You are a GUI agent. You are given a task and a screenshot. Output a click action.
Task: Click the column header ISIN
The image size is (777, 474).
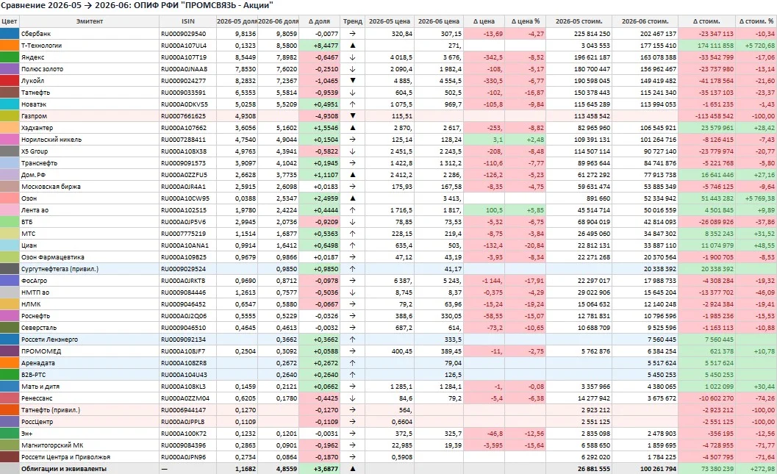click(187, 21)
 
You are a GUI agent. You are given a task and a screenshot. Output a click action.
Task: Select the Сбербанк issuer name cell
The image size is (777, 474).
click(36, 34)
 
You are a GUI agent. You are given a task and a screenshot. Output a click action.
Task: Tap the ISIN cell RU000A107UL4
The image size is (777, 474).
click(183, 46)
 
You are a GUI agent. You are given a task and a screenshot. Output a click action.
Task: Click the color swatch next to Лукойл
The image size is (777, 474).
click(10, 81)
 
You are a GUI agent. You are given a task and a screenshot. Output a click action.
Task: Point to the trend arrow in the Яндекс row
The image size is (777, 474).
click(352, 57)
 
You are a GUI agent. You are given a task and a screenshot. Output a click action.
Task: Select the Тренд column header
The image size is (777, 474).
click(352, 21)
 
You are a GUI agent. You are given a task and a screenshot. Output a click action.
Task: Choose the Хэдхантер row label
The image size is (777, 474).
click(37, 128)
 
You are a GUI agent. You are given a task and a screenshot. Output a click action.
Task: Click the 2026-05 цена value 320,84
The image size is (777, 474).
click(401, 34)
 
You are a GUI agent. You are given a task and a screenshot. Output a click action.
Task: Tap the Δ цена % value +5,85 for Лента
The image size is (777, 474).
click(535, 210)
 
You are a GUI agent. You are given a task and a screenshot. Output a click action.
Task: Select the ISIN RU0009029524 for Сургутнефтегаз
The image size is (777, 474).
click(183, 269)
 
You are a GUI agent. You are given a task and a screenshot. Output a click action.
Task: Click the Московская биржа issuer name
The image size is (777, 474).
click(51, 187)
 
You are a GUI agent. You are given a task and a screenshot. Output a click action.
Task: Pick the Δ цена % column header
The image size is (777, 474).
click(526, 21)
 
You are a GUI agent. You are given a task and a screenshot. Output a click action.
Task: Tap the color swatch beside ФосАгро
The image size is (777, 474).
click(10, 280)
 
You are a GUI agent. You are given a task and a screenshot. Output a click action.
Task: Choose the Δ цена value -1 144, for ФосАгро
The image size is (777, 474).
click(492, 281)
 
